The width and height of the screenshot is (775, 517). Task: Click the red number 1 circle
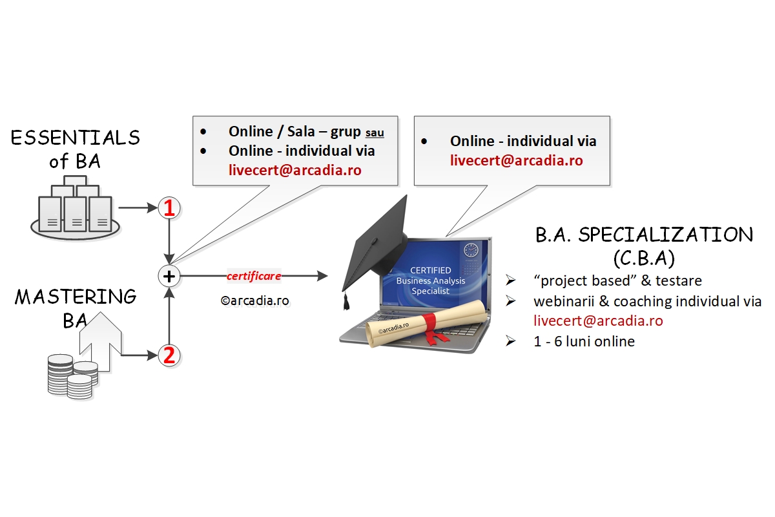pos(169,208)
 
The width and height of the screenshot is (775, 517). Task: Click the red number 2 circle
pos(169,355)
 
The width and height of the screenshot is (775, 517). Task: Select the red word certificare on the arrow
pos(254,276)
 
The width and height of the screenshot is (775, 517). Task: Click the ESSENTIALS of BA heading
pos(76,149)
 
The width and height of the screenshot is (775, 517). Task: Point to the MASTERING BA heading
pos(76,308)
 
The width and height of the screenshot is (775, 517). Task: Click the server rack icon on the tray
pos(76,208)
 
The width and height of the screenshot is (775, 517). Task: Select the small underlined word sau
pos(375,133)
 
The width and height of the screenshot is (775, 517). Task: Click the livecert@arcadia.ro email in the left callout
pos(294,171)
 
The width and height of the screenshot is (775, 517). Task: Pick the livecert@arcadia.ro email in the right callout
pos(516,160)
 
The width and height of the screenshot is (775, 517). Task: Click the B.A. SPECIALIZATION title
pos(644,235)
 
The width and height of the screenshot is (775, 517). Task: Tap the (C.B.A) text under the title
pos(643,258)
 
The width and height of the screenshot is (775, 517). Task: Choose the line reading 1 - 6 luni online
pos(584,341)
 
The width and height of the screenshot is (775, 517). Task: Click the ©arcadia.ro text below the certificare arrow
pos(254,301)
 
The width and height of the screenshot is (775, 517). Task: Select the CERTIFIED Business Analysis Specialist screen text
pos(431,280)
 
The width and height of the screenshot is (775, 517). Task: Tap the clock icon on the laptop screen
pos(470,249)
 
